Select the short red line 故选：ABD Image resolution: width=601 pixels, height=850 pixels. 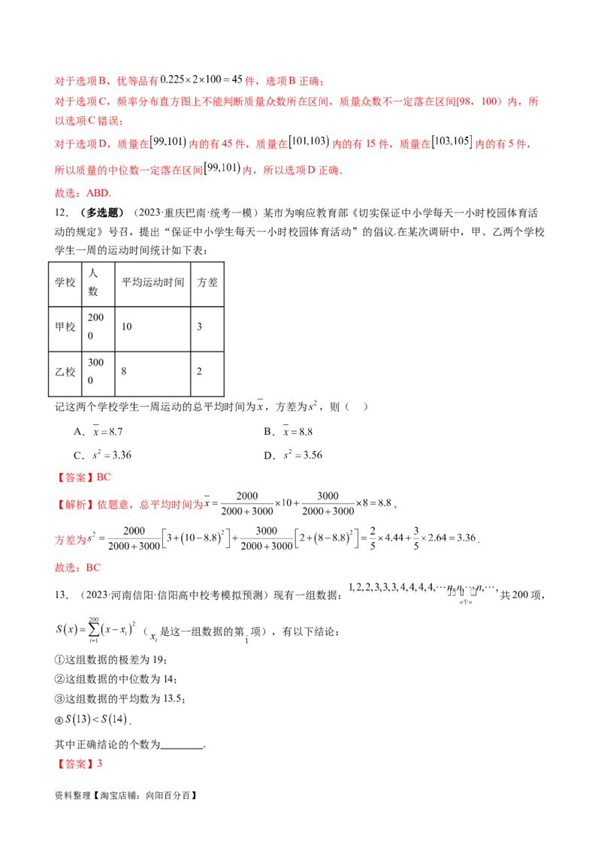coord(83,192)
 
